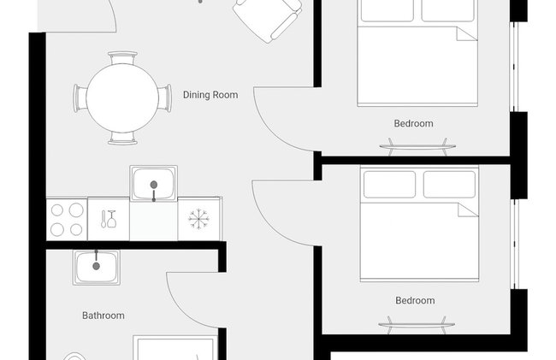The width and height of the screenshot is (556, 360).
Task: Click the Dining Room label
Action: pyautogui.click(x=210, y=95)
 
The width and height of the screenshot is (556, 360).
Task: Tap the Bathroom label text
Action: pyautogui.click(x=104, y=316)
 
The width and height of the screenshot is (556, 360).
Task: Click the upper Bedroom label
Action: pyautogui.click(x=413, y=123)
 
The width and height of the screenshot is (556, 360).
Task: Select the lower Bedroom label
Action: pyautogui.click(x=415, y=300)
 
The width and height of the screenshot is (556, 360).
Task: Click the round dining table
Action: pyautogui.click(x=122, y=98)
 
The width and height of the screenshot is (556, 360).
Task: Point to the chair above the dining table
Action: pyautogui.click(x=122, y=58)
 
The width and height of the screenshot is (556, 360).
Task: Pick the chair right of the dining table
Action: pyautogui.click(x=164, y=98)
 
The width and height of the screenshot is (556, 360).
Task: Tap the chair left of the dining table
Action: pyautogui.click(x=80, y=98)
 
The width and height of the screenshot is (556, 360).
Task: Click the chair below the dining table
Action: pyautogui.click(x=122, y=139)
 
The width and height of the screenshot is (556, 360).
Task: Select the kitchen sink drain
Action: pyautogui.click(x=153, y=185)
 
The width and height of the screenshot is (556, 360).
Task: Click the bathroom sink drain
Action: pyautogui.click(x=96, y=266)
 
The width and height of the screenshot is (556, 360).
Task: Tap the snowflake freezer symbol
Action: pyautogui.click(x=198, y=219)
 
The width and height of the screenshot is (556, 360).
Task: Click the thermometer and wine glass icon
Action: pyautogui.click(x=109, y=219)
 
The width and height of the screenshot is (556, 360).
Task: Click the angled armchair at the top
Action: pyautogui.click(x=268, y=18)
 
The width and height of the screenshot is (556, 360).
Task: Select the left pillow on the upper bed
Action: pyautogui.click(x=387, y=10)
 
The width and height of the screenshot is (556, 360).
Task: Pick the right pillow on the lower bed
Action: pyautogui.click(x=449, y=185)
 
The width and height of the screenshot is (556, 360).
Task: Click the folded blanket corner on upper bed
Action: pyautogui.click(x=465, y=33)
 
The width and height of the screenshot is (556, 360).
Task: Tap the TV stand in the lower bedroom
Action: pyautogui.click(x=417, y=325)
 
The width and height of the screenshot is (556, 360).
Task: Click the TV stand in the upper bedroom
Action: pyautogui.click(x=417, y=146)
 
